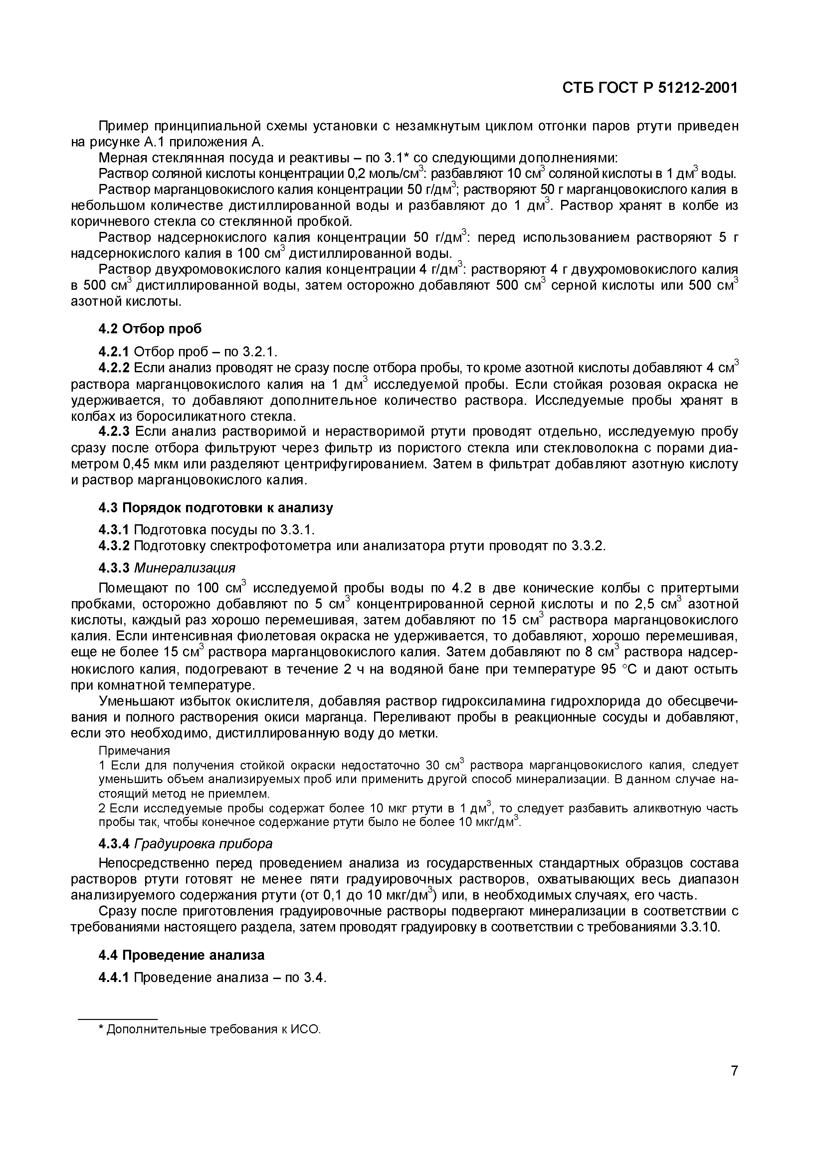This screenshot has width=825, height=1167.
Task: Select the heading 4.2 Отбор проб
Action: pos(150,329)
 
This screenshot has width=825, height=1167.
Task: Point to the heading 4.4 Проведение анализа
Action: pos(181,955)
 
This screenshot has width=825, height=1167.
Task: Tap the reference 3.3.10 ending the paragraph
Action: pos(700,926)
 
